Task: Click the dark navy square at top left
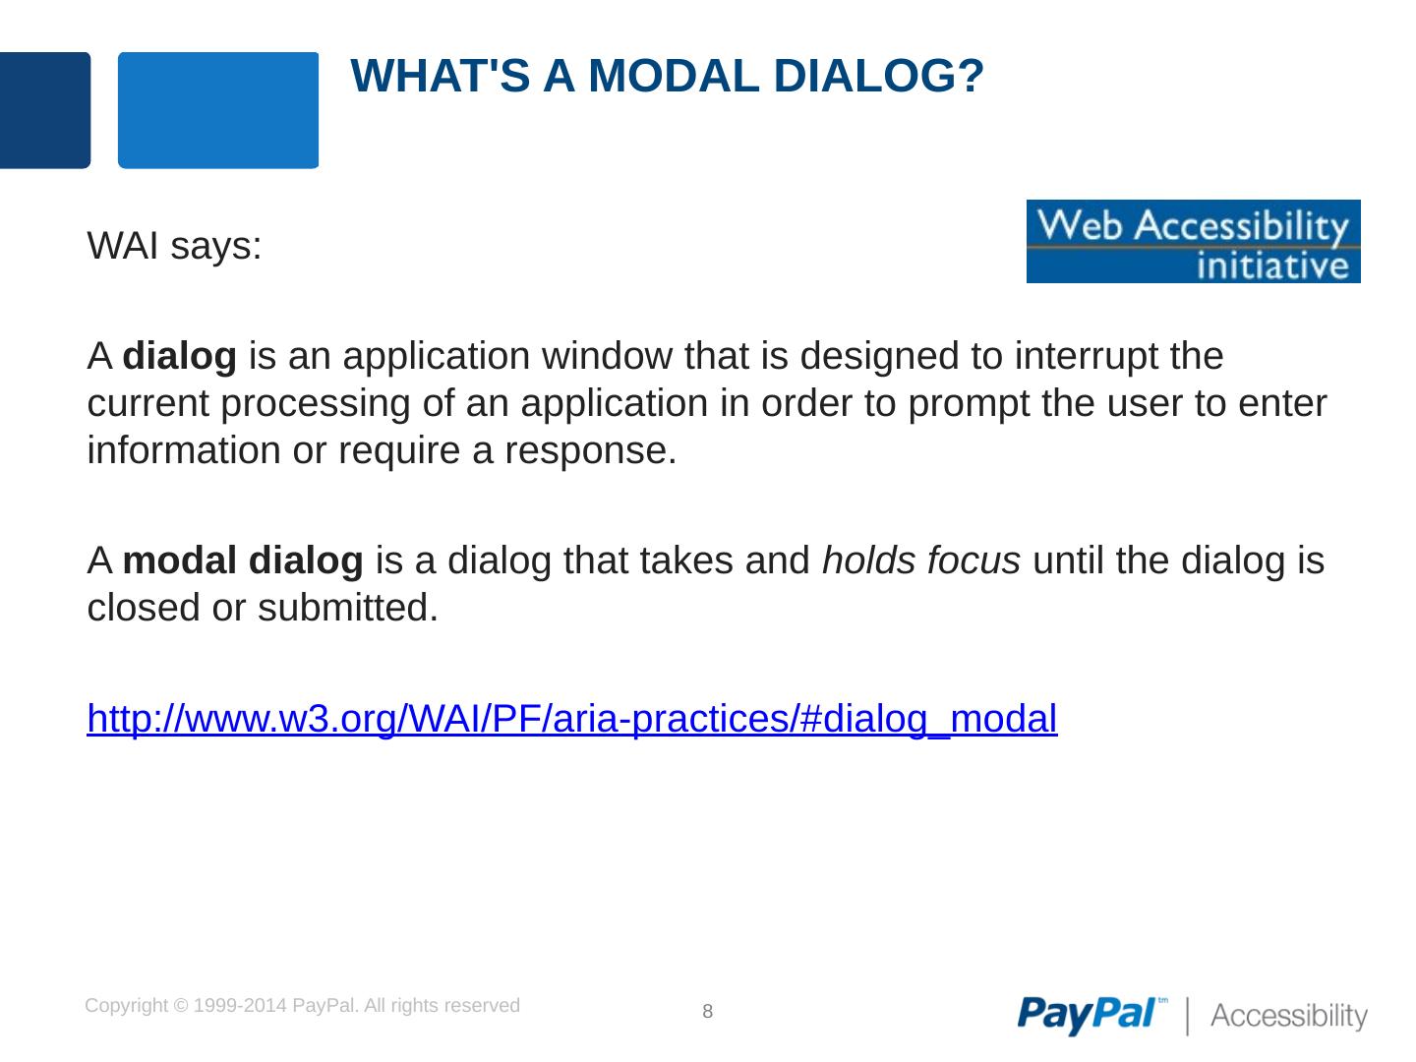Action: [44, 110]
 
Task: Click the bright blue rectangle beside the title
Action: [218, 110]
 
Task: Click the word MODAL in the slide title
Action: [675, 76]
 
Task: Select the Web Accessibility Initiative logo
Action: [1194, 241]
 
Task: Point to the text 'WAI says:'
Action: [174, 246]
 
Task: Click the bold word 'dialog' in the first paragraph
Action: [179, 357]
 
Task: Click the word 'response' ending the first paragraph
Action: [590, 451]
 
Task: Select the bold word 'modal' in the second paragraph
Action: [179, 560]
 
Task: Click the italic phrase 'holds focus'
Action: [921, 560]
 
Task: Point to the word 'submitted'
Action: [348, 608]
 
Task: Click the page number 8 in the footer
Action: [708, 1011]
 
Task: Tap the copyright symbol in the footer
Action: [181, 1006]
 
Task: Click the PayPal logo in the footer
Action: [1092, 1014]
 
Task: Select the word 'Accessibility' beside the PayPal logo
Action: [1289, 1016]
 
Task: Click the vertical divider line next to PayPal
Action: [1188, 1016]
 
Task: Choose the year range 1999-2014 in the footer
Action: [240, 1006]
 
